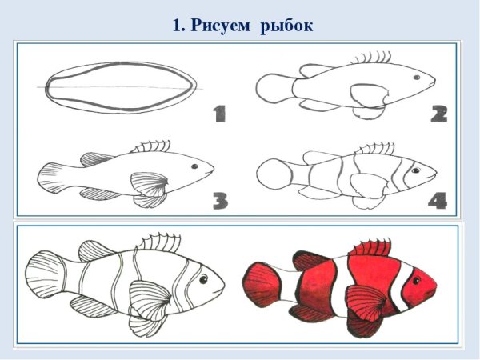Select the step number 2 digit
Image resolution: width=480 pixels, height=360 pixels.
coord(438,114)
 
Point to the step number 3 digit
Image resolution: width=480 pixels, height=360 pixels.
coord(220,200)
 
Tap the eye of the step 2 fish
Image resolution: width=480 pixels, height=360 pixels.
coord(417,78)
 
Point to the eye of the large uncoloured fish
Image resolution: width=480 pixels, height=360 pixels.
coord(203,278)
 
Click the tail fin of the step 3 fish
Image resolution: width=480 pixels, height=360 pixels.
coord(54,177)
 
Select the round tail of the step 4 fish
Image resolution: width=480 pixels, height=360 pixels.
coord(273,174)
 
